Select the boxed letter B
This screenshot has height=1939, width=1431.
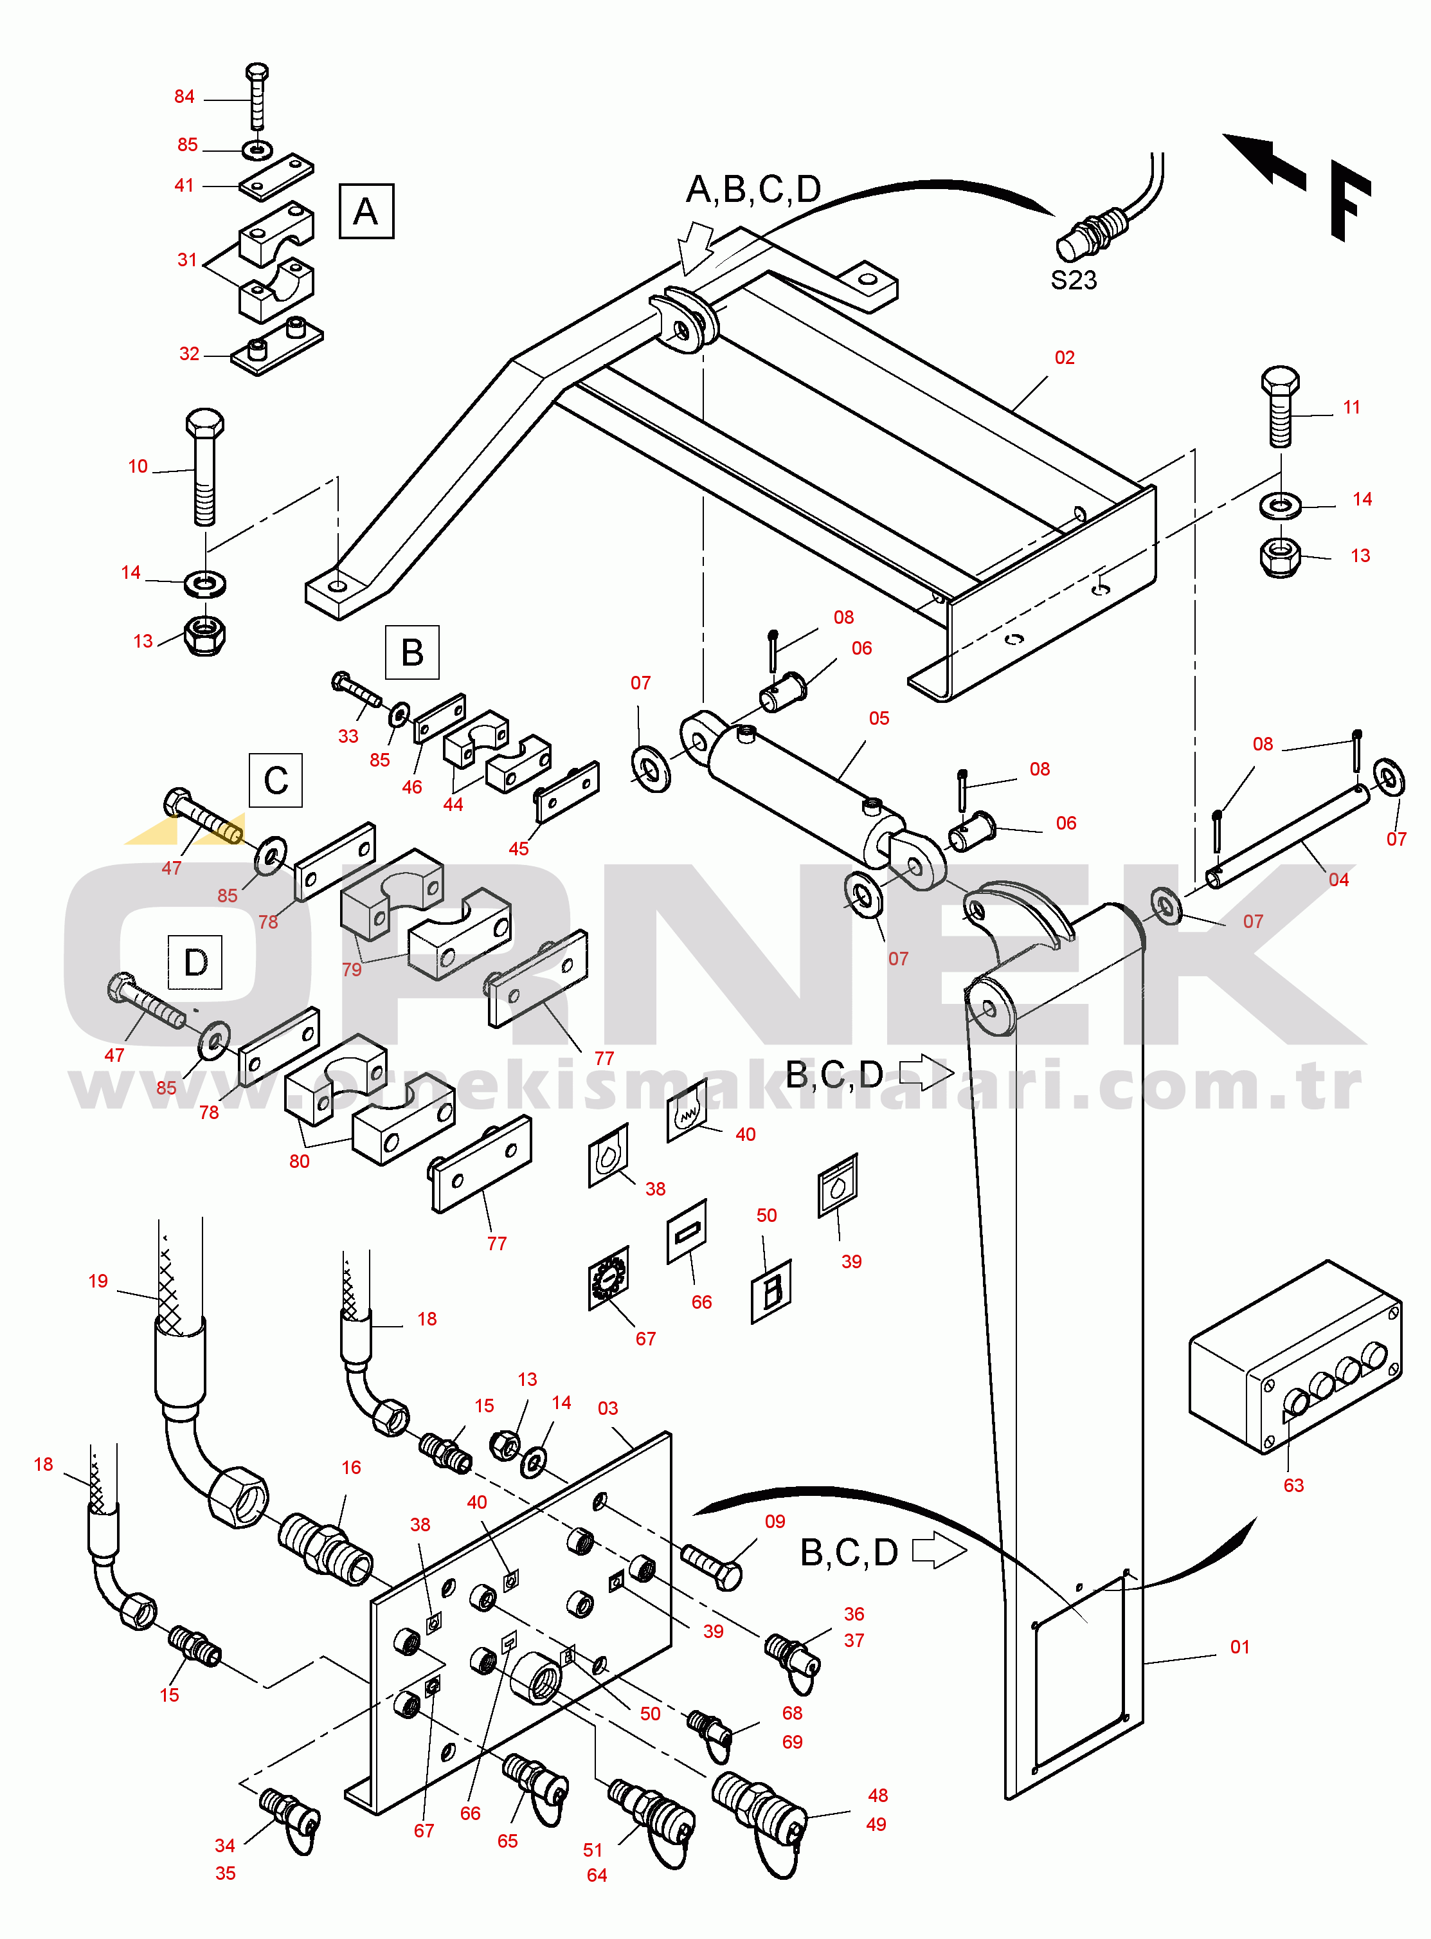[412, 651]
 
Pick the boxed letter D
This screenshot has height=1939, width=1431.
[195, 961]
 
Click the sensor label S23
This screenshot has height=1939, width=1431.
[1074, 280]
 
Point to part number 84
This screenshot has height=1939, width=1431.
[184, 96]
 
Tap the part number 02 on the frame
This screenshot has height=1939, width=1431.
[1064, 357]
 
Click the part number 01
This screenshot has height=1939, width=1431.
[1239, 1646]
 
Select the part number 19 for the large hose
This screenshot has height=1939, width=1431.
[98, 1280]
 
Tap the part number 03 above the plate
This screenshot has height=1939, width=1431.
[607, 1408]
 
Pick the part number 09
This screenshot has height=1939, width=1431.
[775, 1522]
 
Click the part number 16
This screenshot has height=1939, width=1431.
[351, 1467]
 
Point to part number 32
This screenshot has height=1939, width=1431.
[189, 354]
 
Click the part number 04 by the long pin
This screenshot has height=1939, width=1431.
[1338, 879]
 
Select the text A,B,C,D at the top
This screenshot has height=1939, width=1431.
[753, 189]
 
